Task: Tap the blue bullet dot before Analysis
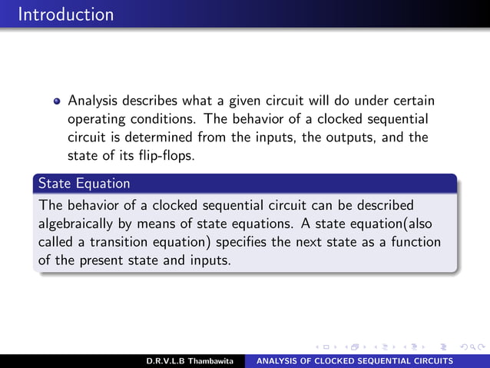(x=57, y=101)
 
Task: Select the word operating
(x=95, y=120)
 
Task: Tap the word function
(x=416, y=242)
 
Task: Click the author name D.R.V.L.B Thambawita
(x=190, y=361)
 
